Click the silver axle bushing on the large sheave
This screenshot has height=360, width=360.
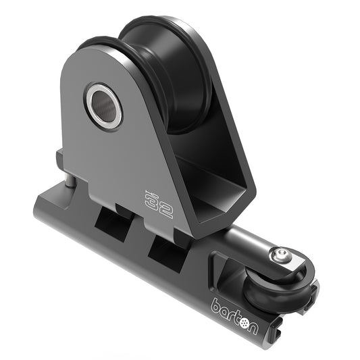(103, 105)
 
